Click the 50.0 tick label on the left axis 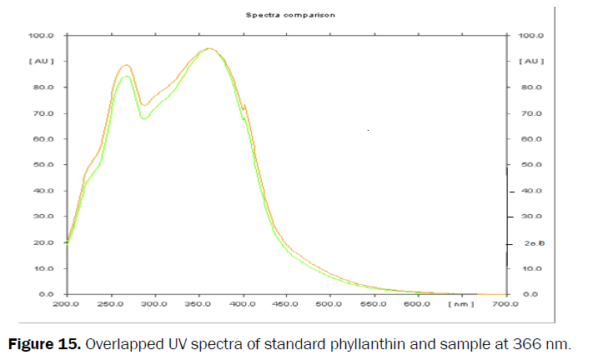pyautogui.click(x=43, y=165)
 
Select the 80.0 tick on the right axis pyautogui.click(x=531, y=87)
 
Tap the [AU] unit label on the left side pyautogui.click(x=42, y=62)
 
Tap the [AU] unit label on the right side pyautogui.click(x=531, y=62)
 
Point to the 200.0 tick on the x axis pyautogui.click(x=66, y=305)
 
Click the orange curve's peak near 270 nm pyautogui.click(x=127, y=65)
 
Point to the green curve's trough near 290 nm pyautogui.click(x=144, y=118)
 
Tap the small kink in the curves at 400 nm pyautogui.click(x=244, y=107)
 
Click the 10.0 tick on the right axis pyautogui.click(x=531, y=269)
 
